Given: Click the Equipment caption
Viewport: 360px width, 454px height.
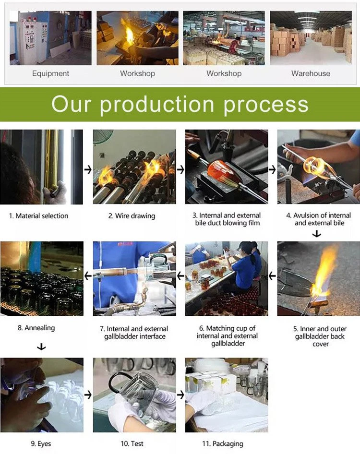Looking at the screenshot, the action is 51,73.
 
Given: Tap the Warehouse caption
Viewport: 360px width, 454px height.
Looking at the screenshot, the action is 311,73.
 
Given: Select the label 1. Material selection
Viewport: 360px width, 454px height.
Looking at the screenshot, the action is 38,215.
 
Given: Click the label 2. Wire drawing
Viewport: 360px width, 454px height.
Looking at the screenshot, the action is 132,215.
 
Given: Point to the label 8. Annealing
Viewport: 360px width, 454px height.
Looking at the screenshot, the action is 36,328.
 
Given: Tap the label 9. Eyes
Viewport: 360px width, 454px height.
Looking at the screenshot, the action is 41,443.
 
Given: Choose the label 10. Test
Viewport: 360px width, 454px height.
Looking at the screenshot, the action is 132,443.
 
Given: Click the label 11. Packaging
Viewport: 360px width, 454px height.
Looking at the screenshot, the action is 222,443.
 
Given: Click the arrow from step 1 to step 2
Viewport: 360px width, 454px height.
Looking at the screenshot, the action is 88,169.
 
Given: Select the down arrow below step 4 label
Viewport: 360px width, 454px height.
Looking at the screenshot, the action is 317,234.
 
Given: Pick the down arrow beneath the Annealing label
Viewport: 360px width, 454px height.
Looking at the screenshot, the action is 41,346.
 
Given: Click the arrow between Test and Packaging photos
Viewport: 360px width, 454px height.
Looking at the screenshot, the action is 180,394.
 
